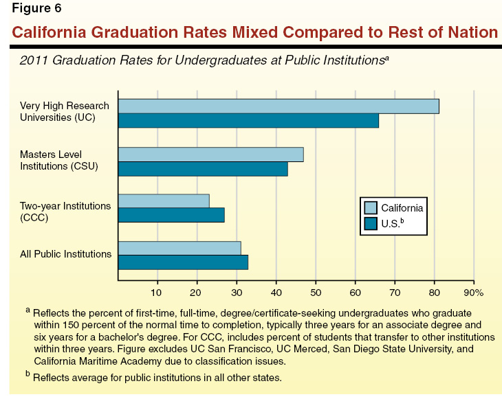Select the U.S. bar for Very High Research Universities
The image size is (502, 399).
click(248, 121)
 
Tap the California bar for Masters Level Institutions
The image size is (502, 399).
click(210, 154)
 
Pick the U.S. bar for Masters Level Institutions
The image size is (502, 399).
click(203, 169)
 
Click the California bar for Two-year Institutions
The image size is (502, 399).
click(164, 201)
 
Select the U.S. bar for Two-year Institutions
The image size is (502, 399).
click(171, 216)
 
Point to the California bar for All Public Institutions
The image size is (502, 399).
click(179, 248)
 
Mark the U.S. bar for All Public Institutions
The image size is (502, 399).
click(183, 262)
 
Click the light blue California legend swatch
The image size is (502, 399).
click(371, 208)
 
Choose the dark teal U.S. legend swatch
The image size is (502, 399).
click(371, 223)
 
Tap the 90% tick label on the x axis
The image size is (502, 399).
click(474, 292)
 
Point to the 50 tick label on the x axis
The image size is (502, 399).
click(316, 292)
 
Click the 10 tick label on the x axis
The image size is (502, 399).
click(157, 292)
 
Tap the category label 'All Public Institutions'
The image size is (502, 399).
click(65, 254)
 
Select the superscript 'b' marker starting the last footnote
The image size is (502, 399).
click(28, 375)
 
